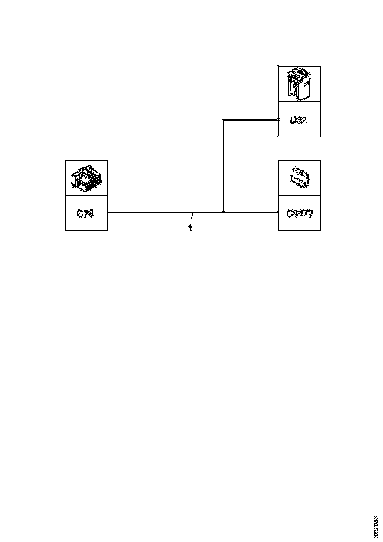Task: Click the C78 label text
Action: point(86,214)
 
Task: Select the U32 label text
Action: point(298,120)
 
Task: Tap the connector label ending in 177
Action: point(299,214)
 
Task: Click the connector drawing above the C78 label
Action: point(86,178)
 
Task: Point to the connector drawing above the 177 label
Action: point(299,177)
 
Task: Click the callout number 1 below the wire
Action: point(190,229)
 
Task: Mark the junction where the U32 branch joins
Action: point(224,212)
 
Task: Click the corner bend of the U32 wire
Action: point(224,120)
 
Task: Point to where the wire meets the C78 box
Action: point(108,212)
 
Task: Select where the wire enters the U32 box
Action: point(278,120)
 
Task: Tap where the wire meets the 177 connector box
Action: point(278,212)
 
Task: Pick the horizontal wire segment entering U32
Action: point(251,120)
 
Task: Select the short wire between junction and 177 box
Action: point(251,212)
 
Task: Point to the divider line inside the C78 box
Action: point(86,195)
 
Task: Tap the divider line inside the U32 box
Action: point(299,102)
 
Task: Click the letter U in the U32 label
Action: point(293,120)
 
